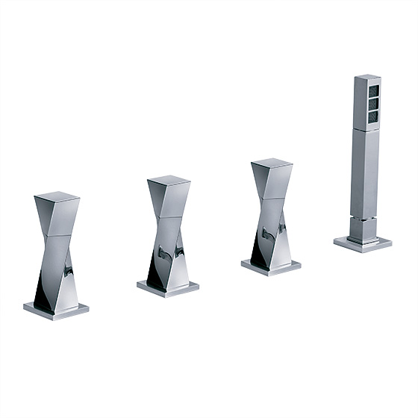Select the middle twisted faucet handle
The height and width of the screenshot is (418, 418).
click(168, 231)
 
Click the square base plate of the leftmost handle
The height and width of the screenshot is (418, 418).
click(56, 308)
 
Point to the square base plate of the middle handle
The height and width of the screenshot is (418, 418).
click(168, 287)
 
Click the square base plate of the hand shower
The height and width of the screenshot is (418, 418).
click(363, 243)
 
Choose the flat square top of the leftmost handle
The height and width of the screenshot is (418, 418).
click(57, 198)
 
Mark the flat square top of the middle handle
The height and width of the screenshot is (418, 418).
click(169, 181)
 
